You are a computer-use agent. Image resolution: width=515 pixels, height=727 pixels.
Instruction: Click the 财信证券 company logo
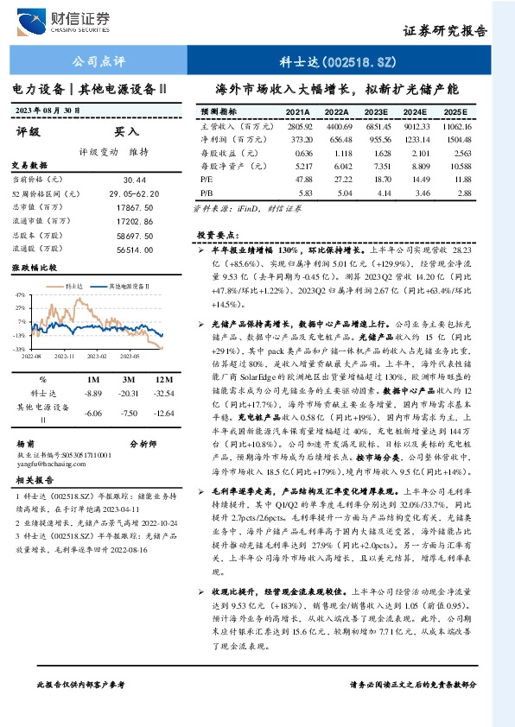point(73,19)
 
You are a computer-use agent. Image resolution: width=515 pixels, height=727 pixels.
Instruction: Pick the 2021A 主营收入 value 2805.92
point(297,126)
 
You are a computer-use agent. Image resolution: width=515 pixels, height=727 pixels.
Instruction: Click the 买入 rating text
point(127,131)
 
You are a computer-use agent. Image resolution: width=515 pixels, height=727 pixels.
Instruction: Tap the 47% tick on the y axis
point(19,294)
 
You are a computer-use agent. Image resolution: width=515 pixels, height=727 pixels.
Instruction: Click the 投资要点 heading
point(217,234)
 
